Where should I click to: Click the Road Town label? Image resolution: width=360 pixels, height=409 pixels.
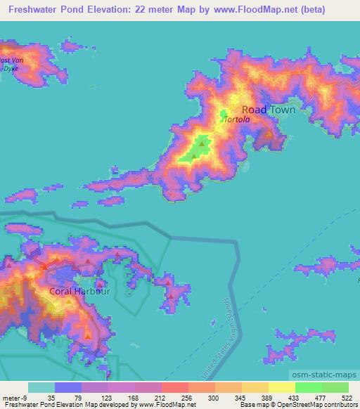click(268, 110)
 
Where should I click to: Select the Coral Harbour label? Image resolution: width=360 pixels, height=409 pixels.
click(79, 291)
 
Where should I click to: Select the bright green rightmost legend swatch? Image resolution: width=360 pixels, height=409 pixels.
click(335, 387)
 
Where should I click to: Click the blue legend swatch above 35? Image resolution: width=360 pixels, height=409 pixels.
click(68, 387)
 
